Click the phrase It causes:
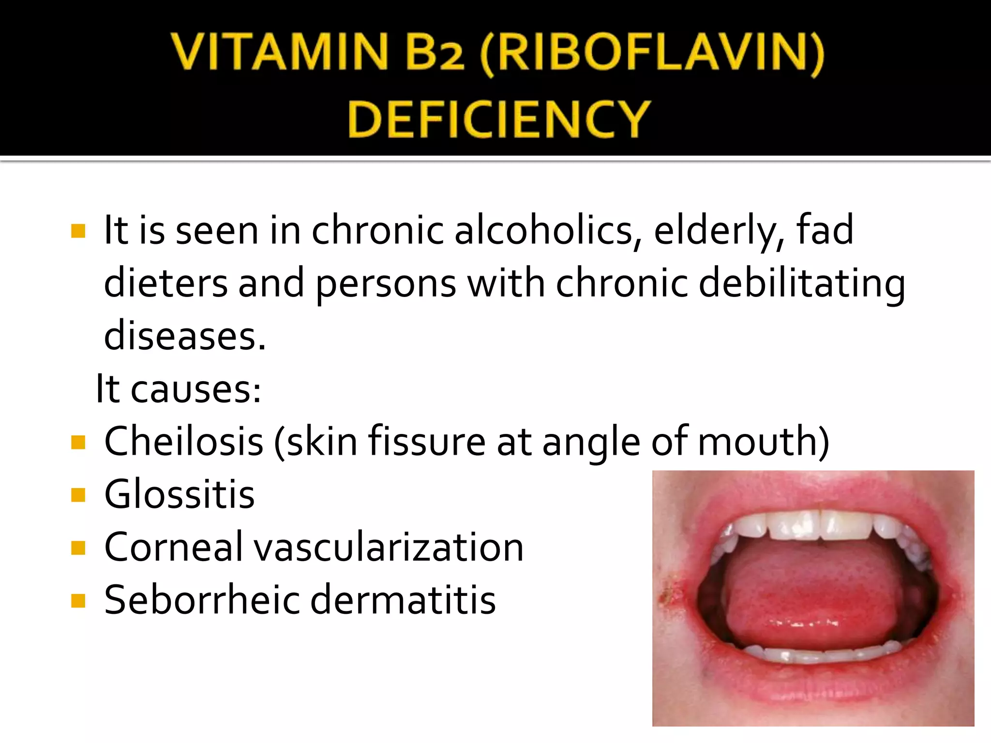179,388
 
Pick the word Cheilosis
184,441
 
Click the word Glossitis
180,494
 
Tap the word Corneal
174,547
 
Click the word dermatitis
403,600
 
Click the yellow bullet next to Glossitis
78,495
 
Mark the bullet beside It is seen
78,231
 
